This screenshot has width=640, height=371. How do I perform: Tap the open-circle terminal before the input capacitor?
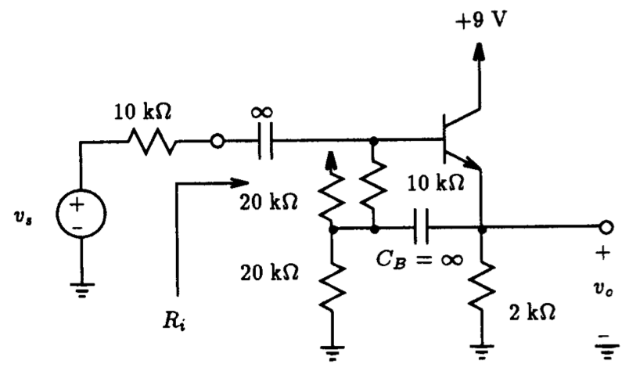coord(218,142)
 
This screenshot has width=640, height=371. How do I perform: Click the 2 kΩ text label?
coord(533,311)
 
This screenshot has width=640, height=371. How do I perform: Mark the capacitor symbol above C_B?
coord(420,229)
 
